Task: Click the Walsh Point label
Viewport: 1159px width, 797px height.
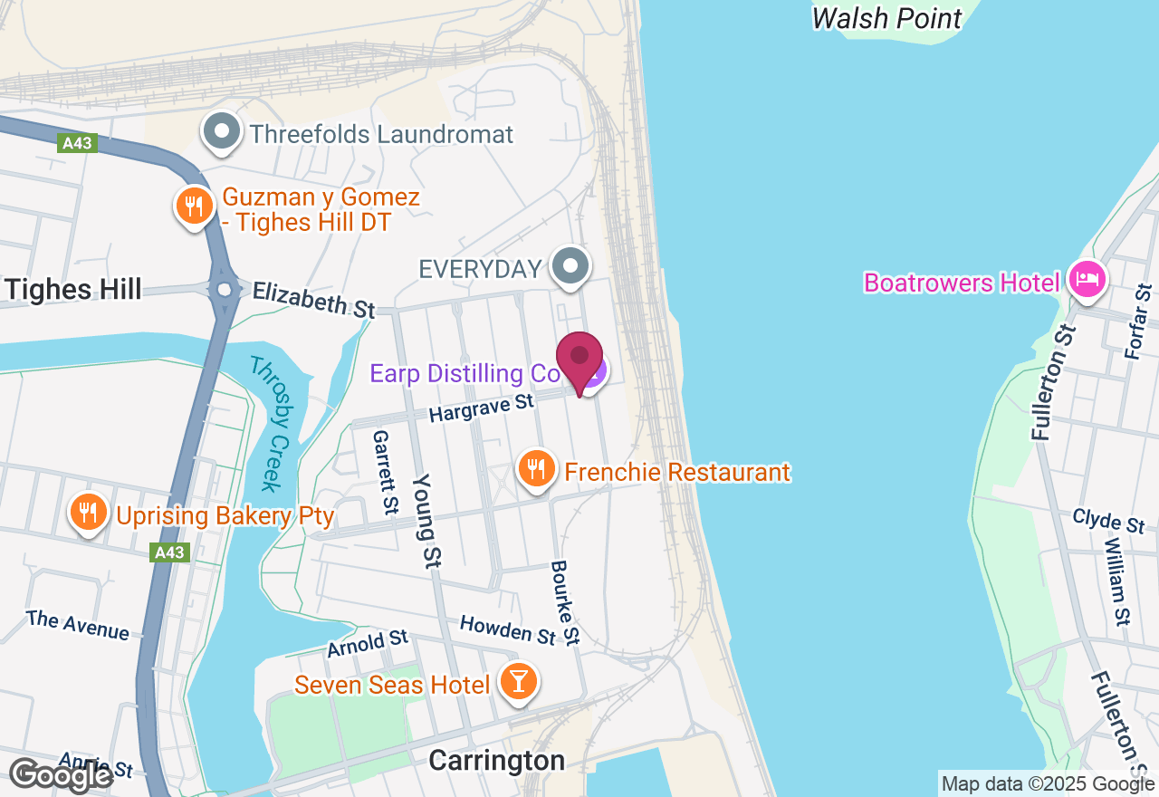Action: (x=886, y=18)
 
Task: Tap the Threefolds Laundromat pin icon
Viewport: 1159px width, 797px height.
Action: (x=221, y=132)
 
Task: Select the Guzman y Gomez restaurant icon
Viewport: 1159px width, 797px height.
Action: (x=194, y=206)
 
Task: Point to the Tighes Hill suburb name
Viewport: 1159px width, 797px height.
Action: (x=72, y=290)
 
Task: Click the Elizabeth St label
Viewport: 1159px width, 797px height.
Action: (x=313, y=299)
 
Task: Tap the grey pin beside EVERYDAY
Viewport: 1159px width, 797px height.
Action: (x=570, y=267)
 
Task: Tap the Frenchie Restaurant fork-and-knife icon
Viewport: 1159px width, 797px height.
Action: (x=537, y=469)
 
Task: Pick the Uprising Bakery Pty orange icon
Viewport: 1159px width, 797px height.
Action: (x=88, y=514)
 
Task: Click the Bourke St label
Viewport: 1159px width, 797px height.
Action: (x=564, y=602)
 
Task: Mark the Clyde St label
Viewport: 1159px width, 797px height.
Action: (x=1108, y=522)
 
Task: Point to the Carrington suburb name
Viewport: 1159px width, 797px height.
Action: (x=496, y=761)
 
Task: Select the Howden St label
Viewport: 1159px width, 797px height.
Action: (x=507, y=629)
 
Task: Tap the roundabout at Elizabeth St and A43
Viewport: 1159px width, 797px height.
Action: (x=224, y=291)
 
